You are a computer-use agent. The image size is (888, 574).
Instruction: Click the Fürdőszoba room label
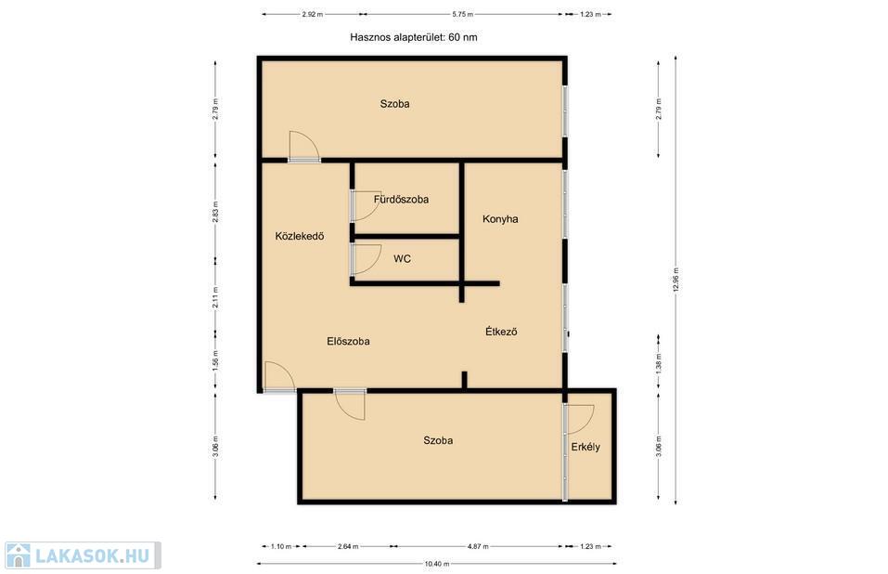[x=401, y=200]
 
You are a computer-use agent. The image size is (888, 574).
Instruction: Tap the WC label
[x=402, y=259]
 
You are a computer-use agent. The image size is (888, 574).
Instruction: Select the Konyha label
[x=500, y=219]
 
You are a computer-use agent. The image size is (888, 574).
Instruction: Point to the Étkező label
[x=501, y=332]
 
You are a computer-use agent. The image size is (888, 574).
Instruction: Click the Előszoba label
[x=348, y=341]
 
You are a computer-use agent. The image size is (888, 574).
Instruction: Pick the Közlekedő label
[x=300, y=236]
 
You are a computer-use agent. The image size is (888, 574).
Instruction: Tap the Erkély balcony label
[x=586, y=447]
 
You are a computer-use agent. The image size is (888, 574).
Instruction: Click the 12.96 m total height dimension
[x=676, y=280]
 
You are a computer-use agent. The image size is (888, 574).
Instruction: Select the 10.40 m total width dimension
[x=437, y=564]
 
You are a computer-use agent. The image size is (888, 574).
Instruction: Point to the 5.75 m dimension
[x=463, y=14]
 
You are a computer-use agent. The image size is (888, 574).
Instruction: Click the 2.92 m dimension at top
[x=312, y=14]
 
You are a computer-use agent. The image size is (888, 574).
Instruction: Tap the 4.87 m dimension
[x=478, y=547]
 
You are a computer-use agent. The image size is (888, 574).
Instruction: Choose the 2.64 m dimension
[x=348, y=547]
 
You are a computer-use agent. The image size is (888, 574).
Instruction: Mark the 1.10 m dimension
[x=281, y=547]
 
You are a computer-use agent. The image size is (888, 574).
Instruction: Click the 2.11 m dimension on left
[x=215, y=297]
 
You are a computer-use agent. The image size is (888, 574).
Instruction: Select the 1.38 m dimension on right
[x=658, y=363]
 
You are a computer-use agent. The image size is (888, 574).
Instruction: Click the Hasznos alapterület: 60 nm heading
[x=414, y=37]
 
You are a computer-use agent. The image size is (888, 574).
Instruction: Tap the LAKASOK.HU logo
[x=83, y=555]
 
